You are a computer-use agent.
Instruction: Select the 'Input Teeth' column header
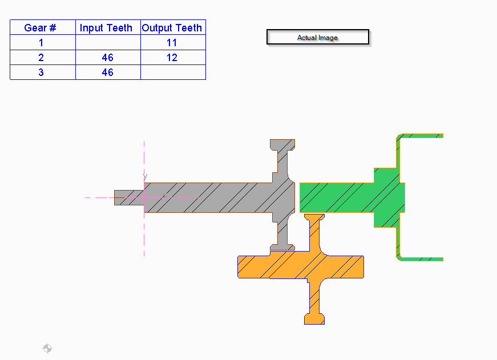(x=108, y=27)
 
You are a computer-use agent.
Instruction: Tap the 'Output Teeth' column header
(x=172, y=27)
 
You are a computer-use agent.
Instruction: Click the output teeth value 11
(x=172, y=43)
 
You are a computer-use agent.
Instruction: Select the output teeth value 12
(x=172, y=58)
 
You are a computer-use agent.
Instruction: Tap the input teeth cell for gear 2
(x=108, y=58)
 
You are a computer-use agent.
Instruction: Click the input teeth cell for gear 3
(x=108, y=72)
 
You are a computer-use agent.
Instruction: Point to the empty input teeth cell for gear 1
(x=108, y=43)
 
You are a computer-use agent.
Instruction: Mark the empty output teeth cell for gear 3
(x=172, y=72)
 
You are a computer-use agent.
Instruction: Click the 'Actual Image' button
(x=318, y=38)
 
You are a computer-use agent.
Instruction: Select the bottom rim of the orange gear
(x=314, y=318)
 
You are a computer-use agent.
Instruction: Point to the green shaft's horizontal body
(x=337, y=197)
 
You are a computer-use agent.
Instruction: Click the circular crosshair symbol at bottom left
(x=47, y=349)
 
